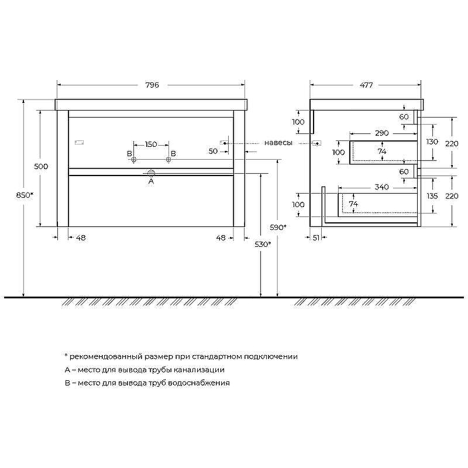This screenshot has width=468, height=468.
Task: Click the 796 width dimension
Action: point(152,85)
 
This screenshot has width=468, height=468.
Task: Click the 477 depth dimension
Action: point(366,85)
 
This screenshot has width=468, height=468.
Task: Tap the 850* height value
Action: point(25,195)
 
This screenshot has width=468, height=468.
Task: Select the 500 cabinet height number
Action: point(41,167)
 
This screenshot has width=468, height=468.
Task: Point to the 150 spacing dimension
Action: point(151,144)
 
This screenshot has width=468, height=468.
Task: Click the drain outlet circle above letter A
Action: point(151,172)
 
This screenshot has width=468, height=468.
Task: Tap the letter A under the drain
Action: point(151,181)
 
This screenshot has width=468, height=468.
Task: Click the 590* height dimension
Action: point(278,228)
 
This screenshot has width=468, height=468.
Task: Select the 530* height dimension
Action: point(263,245)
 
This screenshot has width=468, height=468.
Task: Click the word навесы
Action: point(278,143)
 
